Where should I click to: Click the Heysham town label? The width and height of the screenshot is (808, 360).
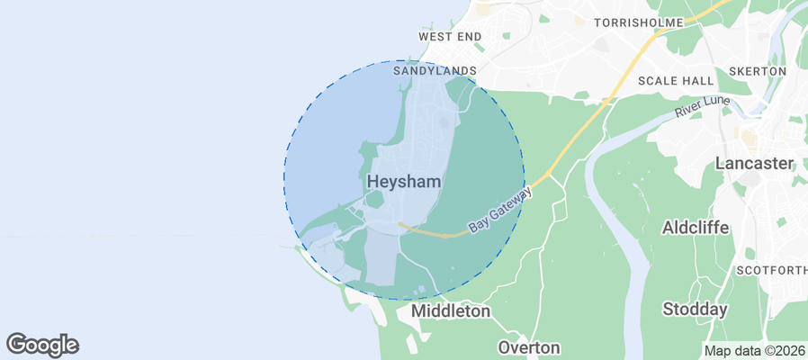click(404, 182)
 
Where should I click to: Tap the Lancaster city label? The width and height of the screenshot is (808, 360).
click(755, 164)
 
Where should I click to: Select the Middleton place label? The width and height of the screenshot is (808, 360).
click(451, 311)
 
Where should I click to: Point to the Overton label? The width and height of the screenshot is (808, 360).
click(529, 347)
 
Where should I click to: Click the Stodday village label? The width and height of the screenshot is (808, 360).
click(695, 310)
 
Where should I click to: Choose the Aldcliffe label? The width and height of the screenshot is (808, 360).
click(695, 227)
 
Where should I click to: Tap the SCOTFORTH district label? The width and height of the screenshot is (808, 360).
click(771, 270)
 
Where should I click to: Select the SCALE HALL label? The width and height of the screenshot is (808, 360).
click(676, 80)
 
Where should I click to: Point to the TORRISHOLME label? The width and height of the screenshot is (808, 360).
click(640, 22)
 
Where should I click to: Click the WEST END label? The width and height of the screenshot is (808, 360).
click(450, 37)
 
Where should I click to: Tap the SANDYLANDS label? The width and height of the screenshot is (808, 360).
click(435, 69)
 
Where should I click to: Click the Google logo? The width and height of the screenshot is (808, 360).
click(42, 344)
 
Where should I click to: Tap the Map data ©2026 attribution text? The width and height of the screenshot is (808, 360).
click(754, 351)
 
